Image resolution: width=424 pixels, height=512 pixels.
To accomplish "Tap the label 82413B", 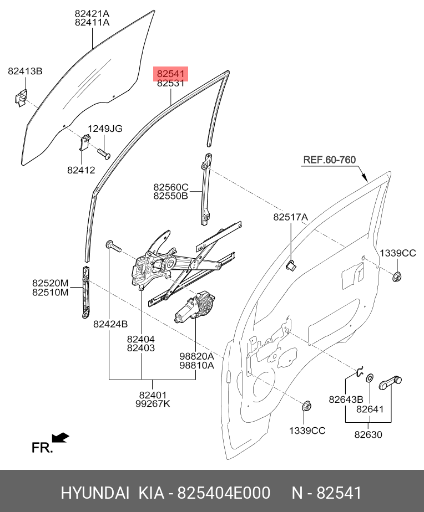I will pyautogui.click(x=25, y=71).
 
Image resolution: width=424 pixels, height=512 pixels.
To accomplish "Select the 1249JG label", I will pyautogui.click(x=105, y=129).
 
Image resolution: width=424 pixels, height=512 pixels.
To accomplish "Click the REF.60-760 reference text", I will pyautogui.click(x=329, y=160).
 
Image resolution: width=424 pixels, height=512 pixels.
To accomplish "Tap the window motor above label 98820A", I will pyautogui.click(x=198, y=307).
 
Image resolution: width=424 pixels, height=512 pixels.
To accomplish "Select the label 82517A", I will pyautogui.click(x=290, y=218).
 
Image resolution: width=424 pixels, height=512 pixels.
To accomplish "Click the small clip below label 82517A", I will pyautogui.click(x=290, y=265).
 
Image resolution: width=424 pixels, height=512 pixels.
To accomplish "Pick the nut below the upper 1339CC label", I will pyautogui.click(x=397, y=275).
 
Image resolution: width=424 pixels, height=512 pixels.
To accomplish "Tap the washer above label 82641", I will pyautogui.click(x=370, y=378).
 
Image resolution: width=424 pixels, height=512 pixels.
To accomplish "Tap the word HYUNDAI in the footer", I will pyautogui.click(x=95, y=493).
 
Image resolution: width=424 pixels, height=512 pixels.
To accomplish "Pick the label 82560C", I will pyautogui.click(x=171, y=187).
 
